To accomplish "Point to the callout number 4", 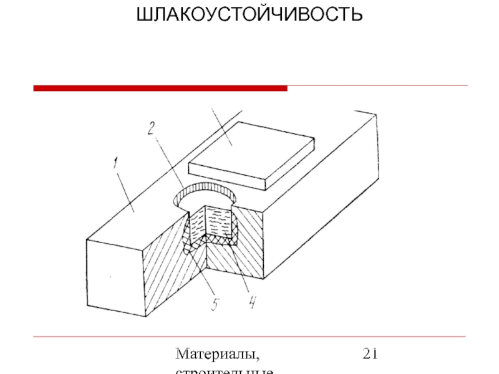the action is (251, 303).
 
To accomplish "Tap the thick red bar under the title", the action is (160, 89).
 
